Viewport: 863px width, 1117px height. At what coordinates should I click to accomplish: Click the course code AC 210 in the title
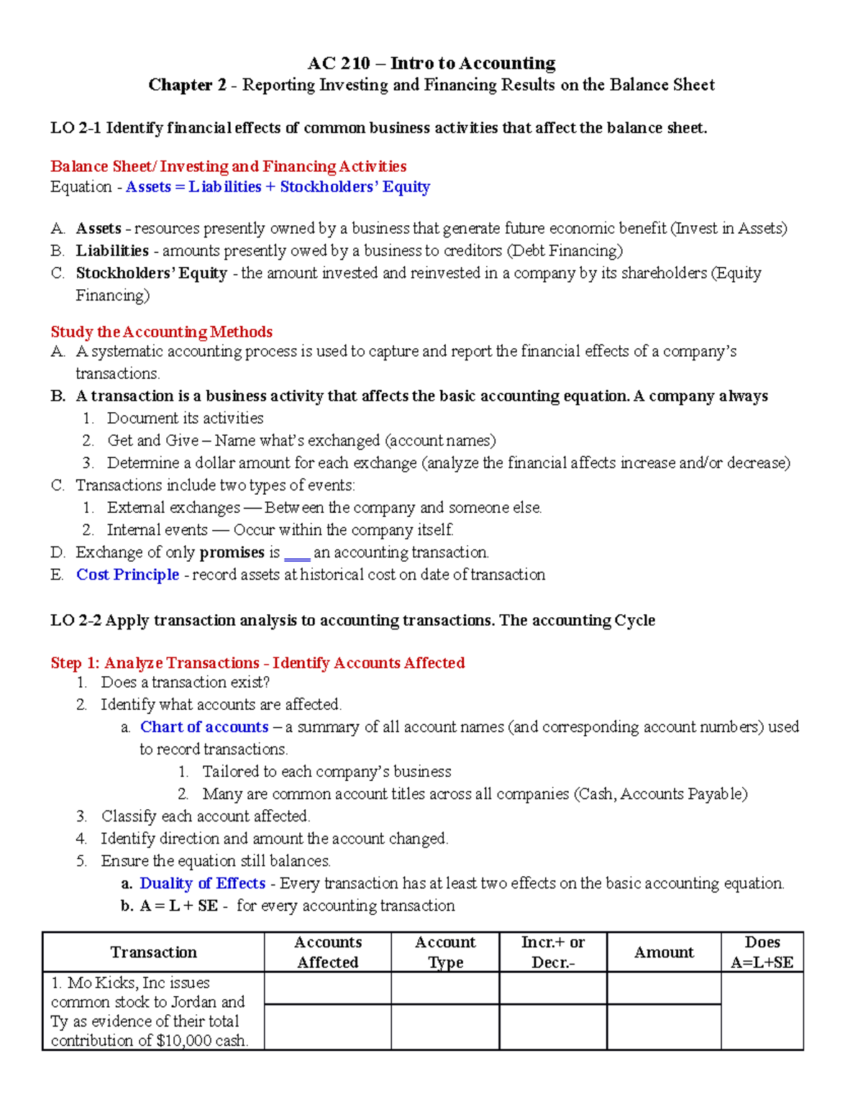tap(338, 63)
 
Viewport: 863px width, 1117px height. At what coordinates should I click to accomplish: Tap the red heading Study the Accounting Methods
tap(161, 332)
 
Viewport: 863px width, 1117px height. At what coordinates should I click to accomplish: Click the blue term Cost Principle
tap(127, 575)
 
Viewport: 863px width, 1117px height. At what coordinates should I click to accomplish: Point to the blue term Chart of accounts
tap(204, 727)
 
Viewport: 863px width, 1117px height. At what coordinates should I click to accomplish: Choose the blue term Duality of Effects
tap(202, 883)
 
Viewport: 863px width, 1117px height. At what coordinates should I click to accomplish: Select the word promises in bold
tap(232, 552)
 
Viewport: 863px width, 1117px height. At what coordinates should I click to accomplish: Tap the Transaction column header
tap(153, 952)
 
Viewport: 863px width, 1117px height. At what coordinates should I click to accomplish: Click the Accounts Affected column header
tap(328, 952)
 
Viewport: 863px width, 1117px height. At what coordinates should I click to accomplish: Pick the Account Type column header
tap(445, 952)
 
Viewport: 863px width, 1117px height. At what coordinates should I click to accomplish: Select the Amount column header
tap(664, 952)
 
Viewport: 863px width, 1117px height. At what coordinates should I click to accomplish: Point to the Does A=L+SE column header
tap(762, 952)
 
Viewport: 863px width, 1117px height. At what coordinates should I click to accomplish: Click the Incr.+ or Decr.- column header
tap(552, 952)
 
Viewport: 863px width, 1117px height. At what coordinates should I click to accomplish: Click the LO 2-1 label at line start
tap(76, 128)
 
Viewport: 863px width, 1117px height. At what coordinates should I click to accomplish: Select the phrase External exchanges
tap(173, 508)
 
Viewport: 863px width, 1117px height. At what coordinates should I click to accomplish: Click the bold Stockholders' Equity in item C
tap(151, 273)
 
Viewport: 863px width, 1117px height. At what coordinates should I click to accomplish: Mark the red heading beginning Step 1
tap(257, 663)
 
